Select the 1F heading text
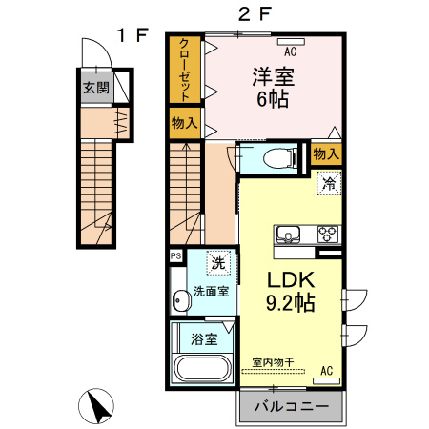click(x=132, y=35)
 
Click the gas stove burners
click(x=327, y=234)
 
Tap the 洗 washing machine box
click(x=217, y=263)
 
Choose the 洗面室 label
click(x=210, y=291)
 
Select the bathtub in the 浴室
click(x=201, y=369)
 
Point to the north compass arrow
click(x=96, y=408)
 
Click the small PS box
click(x=175, y=255)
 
